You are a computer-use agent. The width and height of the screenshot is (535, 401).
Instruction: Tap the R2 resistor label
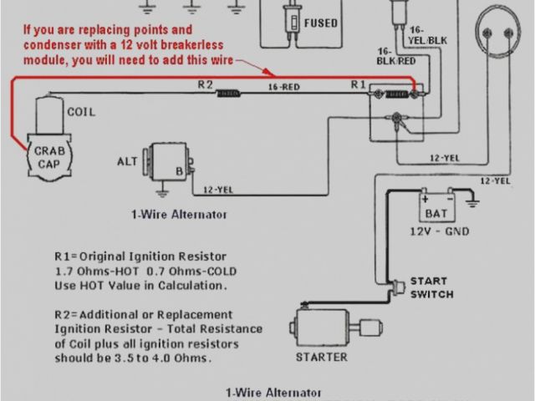pos(206,84)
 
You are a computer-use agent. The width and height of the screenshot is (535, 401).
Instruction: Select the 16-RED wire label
pos(285,85)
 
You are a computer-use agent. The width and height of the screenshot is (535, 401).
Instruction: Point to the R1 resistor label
pos(358,84)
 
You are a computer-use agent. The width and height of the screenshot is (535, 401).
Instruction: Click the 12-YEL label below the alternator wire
pos(218,190)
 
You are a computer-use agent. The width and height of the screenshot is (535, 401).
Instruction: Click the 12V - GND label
pos(439,231)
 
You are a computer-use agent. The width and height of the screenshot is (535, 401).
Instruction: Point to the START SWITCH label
pos(432,287)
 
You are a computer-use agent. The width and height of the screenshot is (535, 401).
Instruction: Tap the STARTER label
pos(321,357)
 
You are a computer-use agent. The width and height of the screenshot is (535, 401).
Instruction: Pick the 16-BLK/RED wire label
pos(395,57)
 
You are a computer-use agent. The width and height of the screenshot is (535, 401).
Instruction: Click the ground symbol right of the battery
pos(472,201)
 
